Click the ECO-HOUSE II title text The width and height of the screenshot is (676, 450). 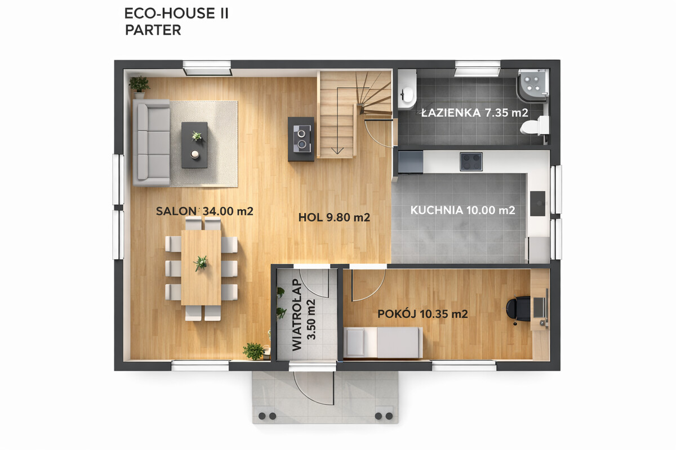(x=176, y=13)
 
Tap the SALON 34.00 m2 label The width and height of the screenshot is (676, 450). (x=204, y=211)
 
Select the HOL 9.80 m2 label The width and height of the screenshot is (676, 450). (x=334, y=217)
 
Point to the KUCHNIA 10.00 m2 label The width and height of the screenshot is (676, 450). (x=462, y=210)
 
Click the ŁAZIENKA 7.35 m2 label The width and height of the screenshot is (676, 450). (x=475, y=112)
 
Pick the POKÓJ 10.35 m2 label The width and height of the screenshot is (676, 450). (x=422, y=314)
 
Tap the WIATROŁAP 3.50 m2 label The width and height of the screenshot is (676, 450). (x=304, y=315)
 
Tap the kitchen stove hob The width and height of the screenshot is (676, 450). (x=471, y=161)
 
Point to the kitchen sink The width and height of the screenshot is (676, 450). (x=538, y=204)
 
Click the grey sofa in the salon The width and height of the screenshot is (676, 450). (x=152, y=142)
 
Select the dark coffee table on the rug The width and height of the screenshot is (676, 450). (x=194, y=145)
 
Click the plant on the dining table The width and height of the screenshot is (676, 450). (x=201, y=263)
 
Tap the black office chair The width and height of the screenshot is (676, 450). (x=518, y=309)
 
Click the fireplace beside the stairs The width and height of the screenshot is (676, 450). (x=301, y=139)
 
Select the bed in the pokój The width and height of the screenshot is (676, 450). (x=383, y=343)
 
